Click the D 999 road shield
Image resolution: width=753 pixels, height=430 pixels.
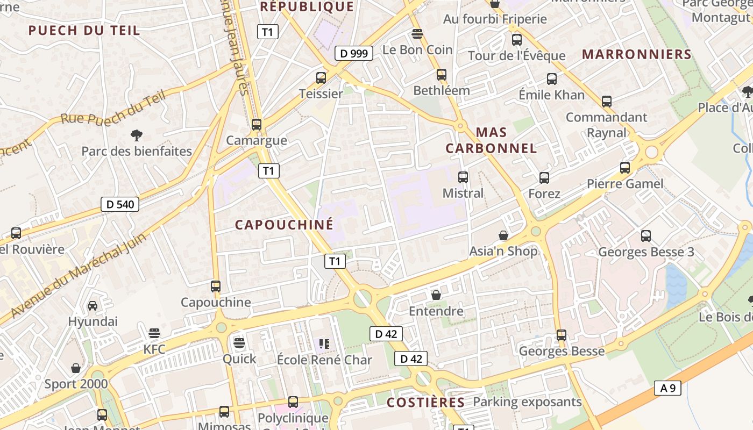pyautogui.click(x=354, y=53)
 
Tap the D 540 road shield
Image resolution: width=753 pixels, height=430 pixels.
pyautogui.click(x=120, y=204)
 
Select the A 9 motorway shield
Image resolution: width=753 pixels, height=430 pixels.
pyautogui.click(x=668, y=388)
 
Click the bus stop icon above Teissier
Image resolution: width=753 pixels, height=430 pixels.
pyautogui.click(x=321, y=78)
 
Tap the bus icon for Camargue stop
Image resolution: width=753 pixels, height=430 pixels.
pyautogui.click(x=257, y=125)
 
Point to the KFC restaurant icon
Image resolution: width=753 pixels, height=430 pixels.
pyautogui.click(x=154, y=333)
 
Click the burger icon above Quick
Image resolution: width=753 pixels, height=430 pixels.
pyautogui.click(x=239, y=342)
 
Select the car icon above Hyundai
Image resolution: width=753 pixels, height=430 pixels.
pyautogui.click(x=93, y=306)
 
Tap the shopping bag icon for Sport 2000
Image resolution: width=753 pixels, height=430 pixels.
pyautogui.click(x=76, y=368)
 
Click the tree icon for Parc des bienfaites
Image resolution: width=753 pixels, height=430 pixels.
pyautogui.click(x=137, y=135)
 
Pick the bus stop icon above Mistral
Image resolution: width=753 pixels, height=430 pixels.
pyautogui.click(x=463, y=177)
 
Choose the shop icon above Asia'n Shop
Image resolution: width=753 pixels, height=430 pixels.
pyautogui.click(x=503, y=235)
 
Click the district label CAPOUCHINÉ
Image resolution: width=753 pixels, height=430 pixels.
pyautogui.click(x=284, y=225)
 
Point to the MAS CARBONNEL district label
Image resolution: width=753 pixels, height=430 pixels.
pyautogui.click(x=492, y=140)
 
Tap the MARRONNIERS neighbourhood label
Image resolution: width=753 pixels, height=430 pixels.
pyautogui.click(x=637, y=54)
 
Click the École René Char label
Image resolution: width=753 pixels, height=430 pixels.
pyautogui.click(x=324, y=360)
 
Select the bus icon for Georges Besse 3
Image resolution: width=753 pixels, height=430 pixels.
pyautogui.click(x=646, y=235)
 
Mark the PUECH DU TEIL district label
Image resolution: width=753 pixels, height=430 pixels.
pyautogui.click(x=84, y=30)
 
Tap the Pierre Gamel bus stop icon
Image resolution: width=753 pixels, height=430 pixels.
pyautogui.click(x=624, y=168)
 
